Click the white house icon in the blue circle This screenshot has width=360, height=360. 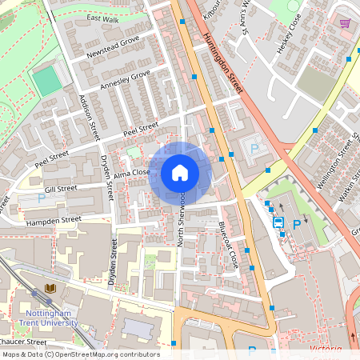pos(180,173)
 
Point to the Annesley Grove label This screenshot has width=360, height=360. pos(125,79)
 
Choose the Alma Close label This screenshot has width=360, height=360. pos(132,172)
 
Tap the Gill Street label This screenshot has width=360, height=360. pos(61,189)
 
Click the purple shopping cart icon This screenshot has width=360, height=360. pos(345,23)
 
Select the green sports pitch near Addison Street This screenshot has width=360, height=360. pos(48,79)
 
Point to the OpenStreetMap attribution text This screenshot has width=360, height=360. pos(80,354)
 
